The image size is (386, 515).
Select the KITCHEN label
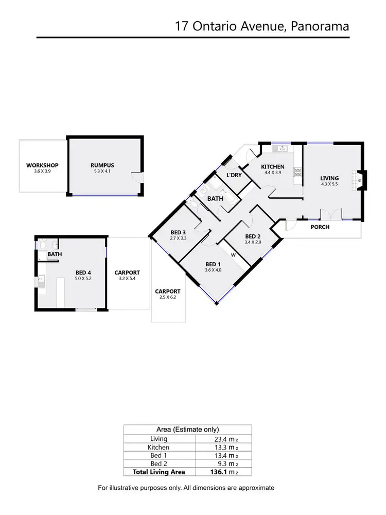[x=273, y=166]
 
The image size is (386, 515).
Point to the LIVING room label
[x=329, y=178]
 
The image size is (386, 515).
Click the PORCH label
[x=320, y=227]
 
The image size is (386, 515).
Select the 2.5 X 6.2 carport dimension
[x=168, y=297]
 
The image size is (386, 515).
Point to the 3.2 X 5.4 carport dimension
[x=127, y=279]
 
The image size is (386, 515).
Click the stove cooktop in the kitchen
[x=297, y=173]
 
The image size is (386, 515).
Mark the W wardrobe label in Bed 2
[x=233, y=254]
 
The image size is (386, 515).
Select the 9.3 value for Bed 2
[x=224, y=463]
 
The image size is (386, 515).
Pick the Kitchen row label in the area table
[x=159, y=447]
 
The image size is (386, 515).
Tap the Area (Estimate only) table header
[x=187, y=429]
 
